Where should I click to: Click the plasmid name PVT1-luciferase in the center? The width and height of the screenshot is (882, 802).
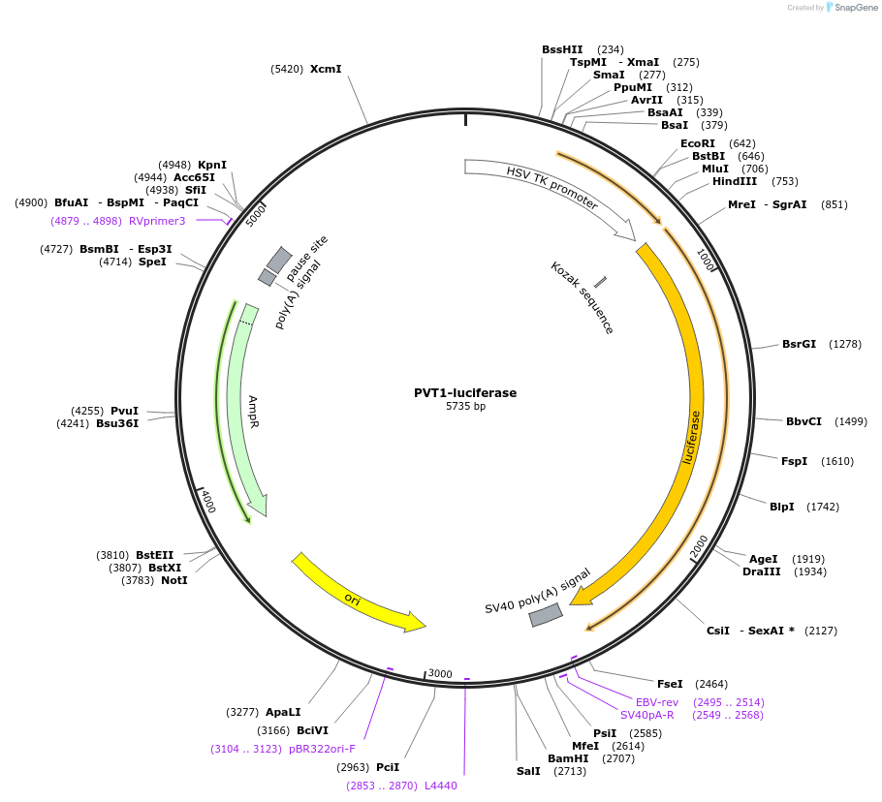click(465, 392)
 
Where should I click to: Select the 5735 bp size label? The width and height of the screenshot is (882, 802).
click(465, 407)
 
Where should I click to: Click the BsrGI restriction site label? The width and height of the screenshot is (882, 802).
click(799, 344)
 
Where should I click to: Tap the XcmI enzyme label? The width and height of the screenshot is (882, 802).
click(326, 69)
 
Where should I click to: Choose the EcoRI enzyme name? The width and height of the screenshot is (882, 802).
click(698, 143)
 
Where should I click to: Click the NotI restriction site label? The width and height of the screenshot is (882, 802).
click(174, 580)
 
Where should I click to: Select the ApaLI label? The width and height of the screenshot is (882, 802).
click(283, 712)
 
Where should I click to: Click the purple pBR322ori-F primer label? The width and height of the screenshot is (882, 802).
click(322, 749)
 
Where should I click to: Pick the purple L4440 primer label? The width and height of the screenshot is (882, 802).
click(441, 786)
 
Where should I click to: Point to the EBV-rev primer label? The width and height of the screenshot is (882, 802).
click(657, 702)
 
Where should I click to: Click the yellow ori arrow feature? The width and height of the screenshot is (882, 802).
click(358, 593)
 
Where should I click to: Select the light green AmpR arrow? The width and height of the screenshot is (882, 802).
click(244, 407)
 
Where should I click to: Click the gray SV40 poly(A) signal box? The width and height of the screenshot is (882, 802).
click(546, 615)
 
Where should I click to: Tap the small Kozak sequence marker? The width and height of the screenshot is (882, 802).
click(600, 282)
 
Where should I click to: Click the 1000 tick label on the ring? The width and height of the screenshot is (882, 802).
click(705, 260)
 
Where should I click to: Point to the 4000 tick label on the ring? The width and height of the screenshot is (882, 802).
click(207, 502)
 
